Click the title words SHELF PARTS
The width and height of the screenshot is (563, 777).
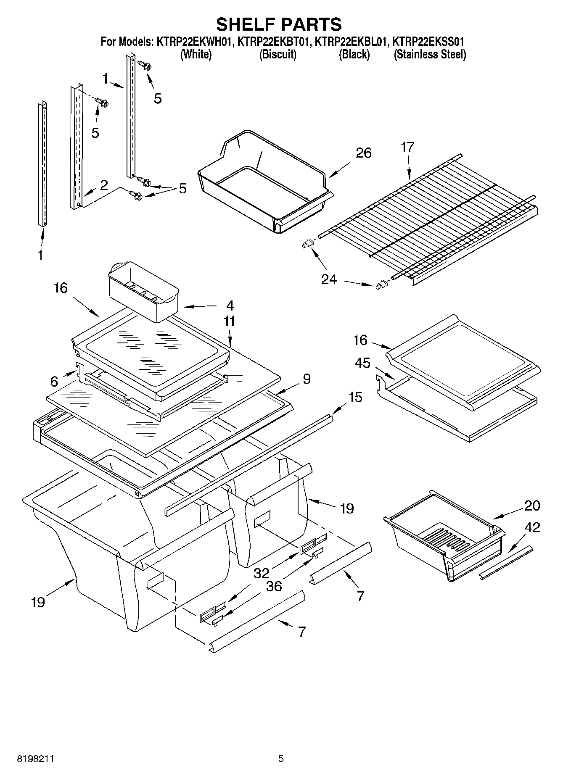[x=279, y=24]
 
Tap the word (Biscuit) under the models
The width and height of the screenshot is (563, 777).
[x=278, y=55]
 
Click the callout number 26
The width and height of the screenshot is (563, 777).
[x=363, y=153]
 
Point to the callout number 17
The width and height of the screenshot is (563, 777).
[x=407, y=147]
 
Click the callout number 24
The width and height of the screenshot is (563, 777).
[x=329, y=279]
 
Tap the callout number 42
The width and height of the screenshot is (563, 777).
[x=532, y=527]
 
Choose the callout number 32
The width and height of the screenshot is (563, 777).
[x=262, y=573]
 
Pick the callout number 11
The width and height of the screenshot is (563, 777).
[x=230, y=321]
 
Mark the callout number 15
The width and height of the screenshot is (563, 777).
[x=355, y=397]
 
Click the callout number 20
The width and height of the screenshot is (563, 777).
[x=532, y=506]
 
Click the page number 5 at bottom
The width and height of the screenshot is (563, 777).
[x=281, y=759]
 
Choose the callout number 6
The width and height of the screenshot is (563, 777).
[x=54, y=382]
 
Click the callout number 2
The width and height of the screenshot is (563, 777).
[x=103, y=185]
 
